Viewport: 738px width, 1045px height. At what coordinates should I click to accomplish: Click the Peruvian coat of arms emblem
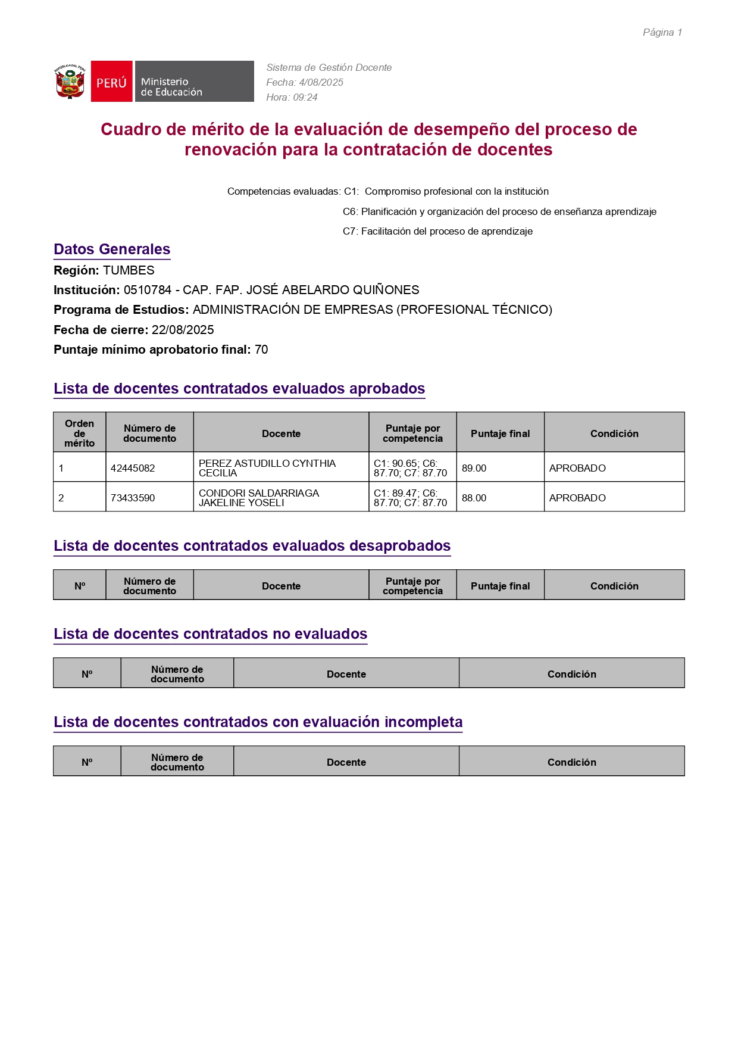coord(70,82)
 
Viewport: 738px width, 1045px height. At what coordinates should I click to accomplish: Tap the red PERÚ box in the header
coord(111,82)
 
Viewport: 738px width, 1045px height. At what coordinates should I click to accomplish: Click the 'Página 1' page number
coord(662,32)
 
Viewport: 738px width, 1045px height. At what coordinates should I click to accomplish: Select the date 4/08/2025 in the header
coord(321,82)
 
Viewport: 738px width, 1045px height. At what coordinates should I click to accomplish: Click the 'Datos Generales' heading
coord(112,249)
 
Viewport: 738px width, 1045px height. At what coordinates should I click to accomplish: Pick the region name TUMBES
coord(129,270)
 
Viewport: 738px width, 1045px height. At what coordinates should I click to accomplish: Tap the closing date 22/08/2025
coord(183,330)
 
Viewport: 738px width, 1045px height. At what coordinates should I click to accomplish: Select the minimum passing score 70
coord(261,350)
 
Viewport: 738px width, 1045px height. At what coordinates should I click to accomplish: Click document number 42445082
coord(133,468)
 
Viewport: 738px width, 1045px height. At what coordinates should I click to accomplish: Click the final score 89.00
coord(474,468)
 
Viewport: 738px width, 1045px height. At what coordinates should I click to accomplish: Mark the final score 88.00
coord(474,498)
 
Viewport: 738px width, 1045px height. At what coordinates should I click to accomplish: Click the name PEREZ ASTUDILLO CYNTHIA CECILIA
coord(267,468)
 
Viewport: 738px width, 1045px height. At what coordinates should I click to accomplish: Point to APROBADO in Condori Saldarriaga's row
coord(577,498)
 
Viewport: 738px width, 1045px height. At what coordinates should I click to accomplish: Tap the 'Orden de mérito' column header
coord(80,433)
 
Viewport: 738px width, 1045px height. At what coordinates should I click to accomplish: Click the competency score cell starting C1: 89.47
coord(410,498)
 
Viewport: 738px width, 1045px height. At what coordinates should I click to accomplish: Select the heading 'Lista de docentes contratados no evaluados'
coord(210,634)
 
